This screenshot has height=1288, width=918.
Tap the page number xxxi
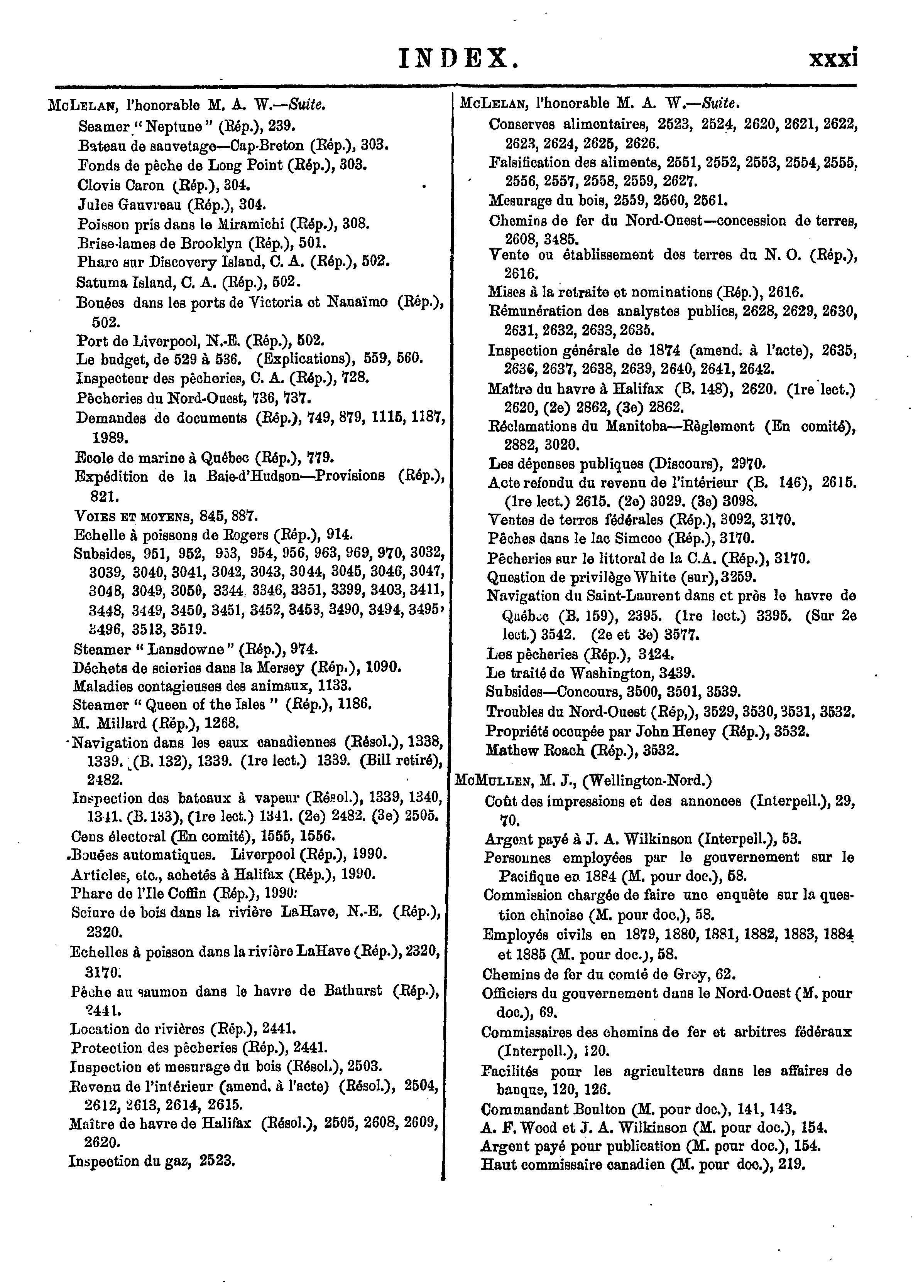833,58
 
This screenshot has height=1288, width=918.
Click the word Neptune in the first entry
184,125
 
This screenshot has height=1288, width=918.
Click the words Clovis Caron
120,185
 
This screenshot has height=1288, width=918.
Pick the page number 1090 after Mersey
384,667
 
